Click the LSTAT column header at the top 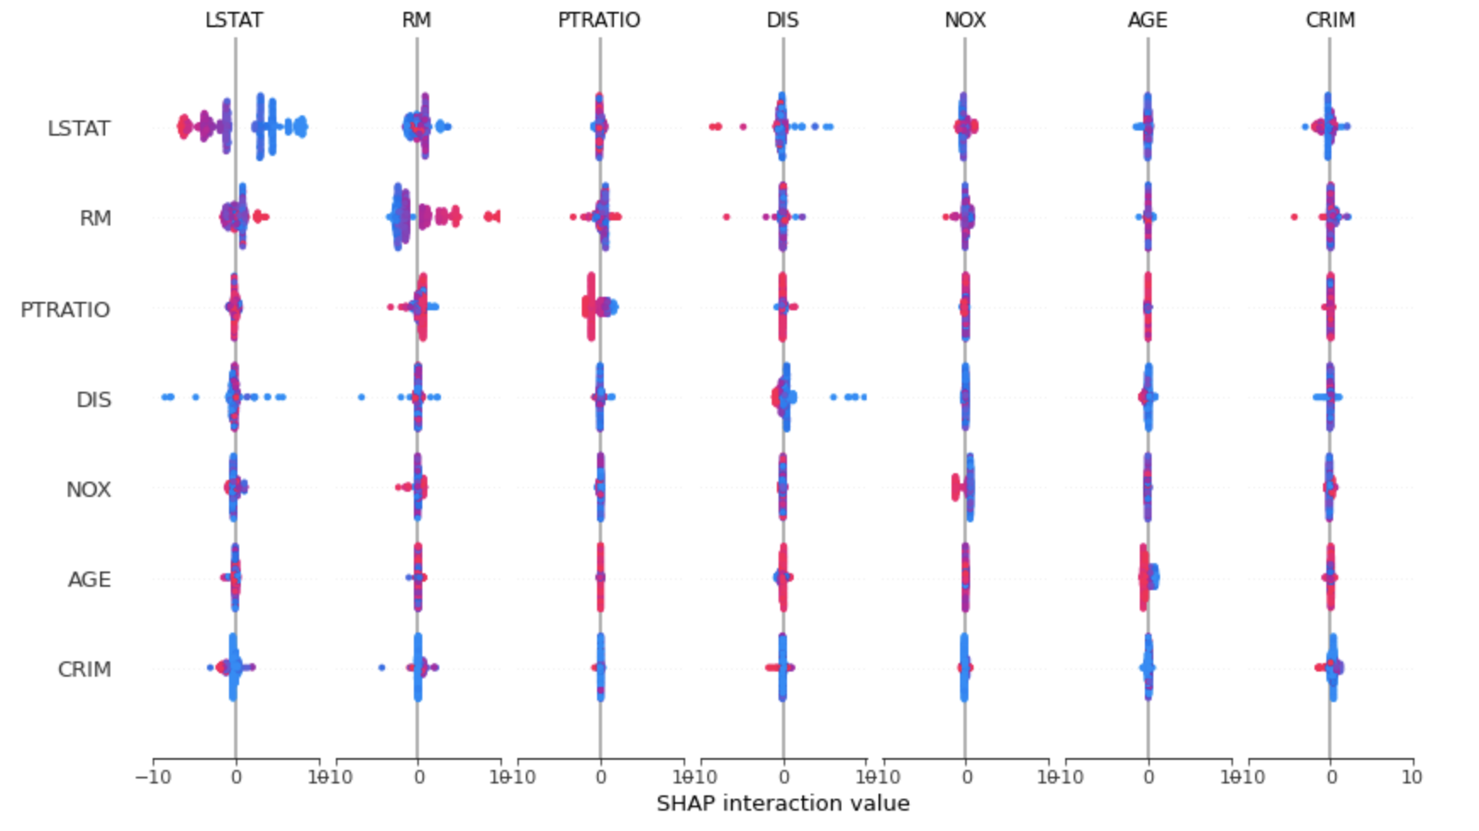234,20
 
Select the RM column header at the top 416,20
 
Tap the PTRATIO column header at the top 599,20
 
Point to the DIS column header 782,20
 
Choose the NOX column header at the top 965,20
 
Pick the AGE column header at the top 1147,20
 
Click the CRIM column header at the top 1330,20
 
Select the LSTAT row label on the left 79,129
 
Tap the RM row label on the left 95,219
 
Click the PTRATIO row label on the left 65,310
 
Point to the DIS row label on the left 93,399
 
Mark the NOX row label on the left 88,490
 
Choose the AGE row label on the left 89,580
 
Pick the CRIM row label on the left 84,670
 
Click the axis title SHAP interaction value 783,804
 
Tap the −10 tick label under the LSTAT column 153,777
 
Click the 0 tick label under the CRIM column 1331,777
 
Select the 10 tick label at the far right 1411,777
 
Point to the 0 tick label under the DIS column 784,777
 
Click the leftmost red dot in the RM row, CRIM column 1294,217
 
